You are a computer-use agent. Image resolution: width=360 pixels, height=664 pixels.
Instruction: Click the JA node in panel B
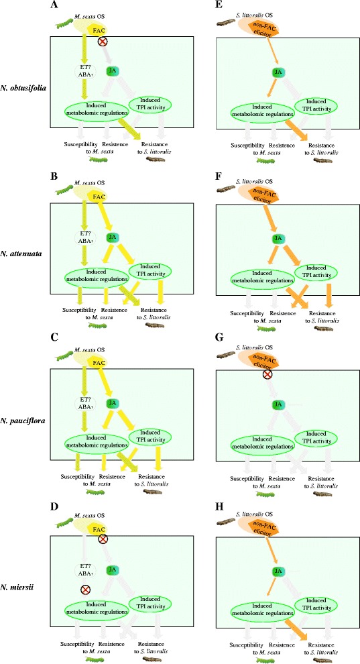coord(113,237)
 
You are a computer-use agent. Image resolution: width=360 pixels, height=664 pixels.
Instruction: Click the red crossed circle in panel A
coord(103,42)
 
